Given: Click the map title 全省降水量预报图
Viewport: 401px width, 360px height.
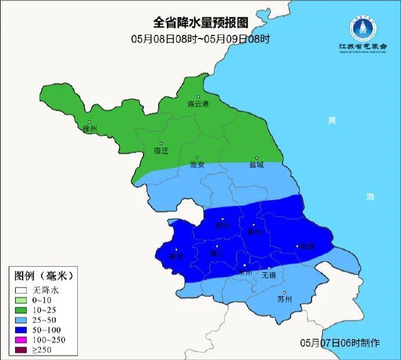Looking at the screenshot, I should (x=200, y=23).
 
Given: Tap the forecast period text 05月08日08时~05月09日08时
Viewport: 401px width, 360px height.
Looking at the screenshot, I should (x=201, y=39).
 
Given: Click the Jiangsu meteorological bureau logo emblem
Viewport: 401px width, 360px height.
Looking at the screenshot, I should (x=363, y=27).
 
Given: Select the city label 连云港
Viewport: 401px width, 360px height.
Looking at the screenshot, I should (x=198, y=104).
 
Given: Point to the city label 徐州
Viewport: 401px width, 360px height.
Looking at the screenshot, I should (x=90, y=129).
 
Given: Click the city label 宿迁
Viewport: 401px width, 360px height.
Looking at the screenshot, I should (x=161, y=151).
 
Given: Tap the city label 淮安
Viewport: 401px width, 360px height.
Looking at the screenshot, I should (x=197, y=165).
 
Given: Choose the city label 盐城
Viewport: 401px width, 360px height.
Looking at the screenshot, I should (x=256, y=165).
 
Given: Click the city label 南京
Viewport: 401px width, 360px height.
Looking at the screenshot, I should (x=176, y=256).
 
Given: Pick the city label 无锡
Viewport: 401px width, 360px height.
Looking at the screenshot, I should (x=268, y=275).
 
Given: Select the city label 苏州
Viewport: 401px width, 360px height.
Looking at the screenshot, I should (x=284, y=300).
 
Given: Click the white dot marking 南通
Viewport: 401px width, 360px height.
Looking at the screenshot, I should (x=296, y=246).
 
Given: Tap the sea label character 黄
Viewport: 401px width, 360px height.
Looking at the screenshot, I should (x=331, y=120).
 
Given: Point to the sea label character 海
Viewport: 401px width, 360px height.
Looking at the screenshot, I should (x=370, y=197).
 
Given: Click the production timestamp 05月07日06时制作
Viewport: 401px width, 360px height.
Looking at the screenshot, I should (x=340, y=343).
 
